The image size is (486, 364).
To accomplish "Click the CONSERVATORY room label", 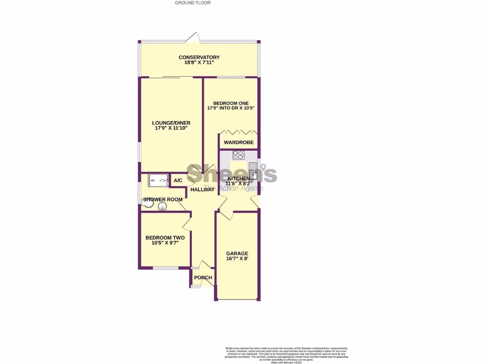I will click(199, 57).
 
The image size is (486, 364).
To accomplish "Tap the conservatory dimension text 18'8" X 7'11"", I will click(199, 63).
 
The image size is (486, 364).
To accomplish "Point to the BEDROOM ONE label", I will click(231, 103).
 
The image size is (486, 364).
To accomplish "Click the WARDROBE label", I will click(239, 143).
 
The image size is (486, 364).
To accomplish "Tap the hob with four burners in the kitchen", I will click(238, 155).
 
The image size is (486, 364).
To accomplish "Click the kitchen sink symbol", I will click(253, 169).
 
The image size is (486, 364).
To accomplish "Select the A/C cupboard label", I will click(178, 181).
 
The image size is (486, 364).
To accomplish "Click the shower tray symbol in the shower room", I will click(159, 179).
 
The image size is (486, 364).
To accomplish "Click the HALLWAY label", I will click(202, 190).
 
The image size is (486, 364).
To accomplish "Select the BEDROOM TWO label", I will click(165, 238).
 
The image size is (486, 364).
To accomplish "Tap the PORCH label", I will click(203, 278).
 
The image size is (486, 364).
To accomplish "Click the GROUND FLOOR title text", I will click(193, 3).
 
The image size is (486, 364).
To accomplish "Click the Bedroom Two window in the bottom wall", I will click(165, 268).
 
